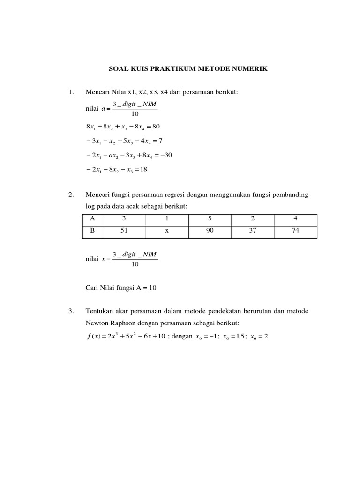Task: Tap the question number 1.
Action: pos(71,92)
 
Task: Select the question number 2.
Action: pos(71,195)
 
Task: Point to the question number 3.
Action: pos(71,311)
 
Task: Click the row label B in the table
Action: pos(92,231)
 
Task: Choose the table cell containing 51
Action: pos(124,231)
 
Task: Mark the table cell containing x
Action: pos(166,231)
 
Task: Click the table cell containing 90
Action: pos(210,231)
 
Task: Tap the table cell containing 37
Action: pos(252,231)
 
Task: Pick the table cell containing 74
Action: pos(295,231)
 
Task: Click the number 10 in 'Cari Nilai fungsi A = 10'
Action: pos(152,288)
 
